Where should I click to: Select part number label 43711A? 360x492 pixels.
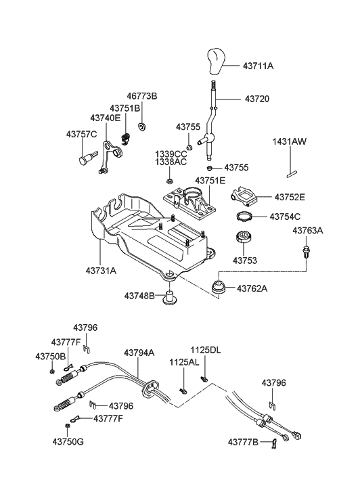(258, 66)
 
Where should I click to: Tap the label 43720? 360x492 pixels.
(257, 99)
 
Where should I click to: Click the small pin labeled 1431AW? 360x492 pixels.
(291, 174)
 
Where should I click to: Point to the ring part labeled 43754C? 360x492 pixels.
(244, 216)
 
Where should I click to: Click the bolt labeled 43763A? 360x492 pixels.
(305, 251)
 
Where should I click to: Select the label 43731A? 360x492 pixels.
(101, 271)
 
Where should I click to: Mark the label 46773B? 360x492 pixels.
(142, 96)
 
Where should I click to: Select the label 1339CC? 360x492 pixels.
(171, 154)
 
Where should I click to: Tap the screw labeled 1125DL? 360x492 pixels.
(204, 380)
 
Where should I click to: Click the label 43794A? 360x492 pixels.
(139, 353)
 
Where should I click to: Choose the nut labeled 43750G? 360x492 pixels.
(67, 426)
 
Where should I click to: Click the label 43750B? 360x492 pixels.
(50, 357)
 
